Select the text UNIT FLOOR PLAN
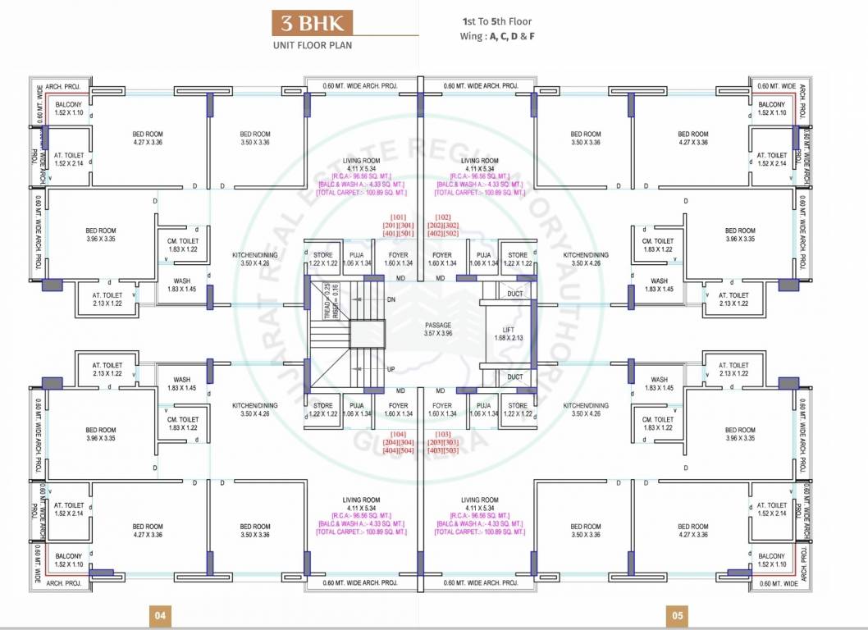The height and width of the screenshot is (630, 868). (313, 45)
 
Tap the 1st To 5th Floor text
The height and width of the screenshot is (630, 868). (497, 23)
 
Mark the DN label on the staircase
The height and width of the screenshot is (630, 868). (391, 300)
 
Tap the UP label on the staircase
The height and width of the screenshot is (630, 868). (391, 369)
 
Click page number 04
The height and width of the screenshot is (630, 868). (160, 615)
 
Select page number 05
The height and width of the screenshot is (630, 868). (678, 615)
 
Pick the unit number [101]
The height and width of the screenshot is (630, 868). (399, 217)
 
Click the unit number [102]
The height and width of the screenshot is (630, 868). (444, 217)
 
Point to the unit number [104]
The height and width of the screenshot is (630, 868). (399, 433)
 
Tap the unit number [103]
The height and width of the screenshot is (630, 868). (444, 433)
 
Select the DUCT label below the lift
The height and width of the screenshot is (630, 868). (514, 377)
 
